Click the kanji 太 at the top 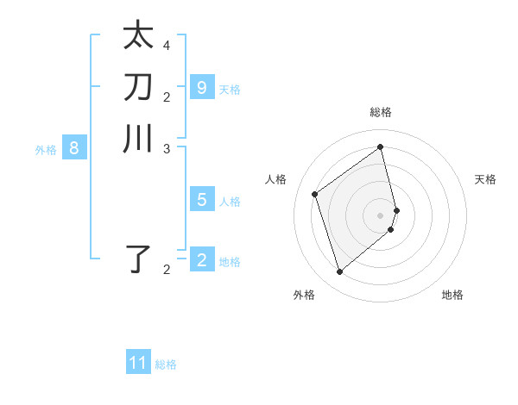(138, 36)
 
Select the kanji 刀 (138, 87)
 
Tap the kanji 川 (138, 139)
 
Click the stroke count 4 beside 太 (167, 45)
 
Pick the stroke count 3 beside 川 (167, 147)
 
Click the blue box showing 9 (202, 87)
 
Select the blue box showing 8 (74, 148)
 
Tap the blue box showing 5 (202, 200)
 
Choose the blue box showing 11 (138, 363)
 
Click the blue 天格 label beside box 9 (230, 89)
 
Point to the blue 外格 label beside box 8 (46, 150)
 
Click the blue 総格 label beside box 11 (166, 364)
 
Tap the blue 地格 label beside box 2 (230, 262)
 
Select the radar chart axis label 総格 (381, 112)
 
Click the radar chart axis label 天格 (485, 179)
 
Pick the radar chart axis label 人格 (276, 179)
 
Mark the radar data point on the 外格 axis (339, 272)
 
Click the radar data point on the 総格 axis (381, 146)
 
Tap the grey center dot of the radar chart (381, 215)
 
